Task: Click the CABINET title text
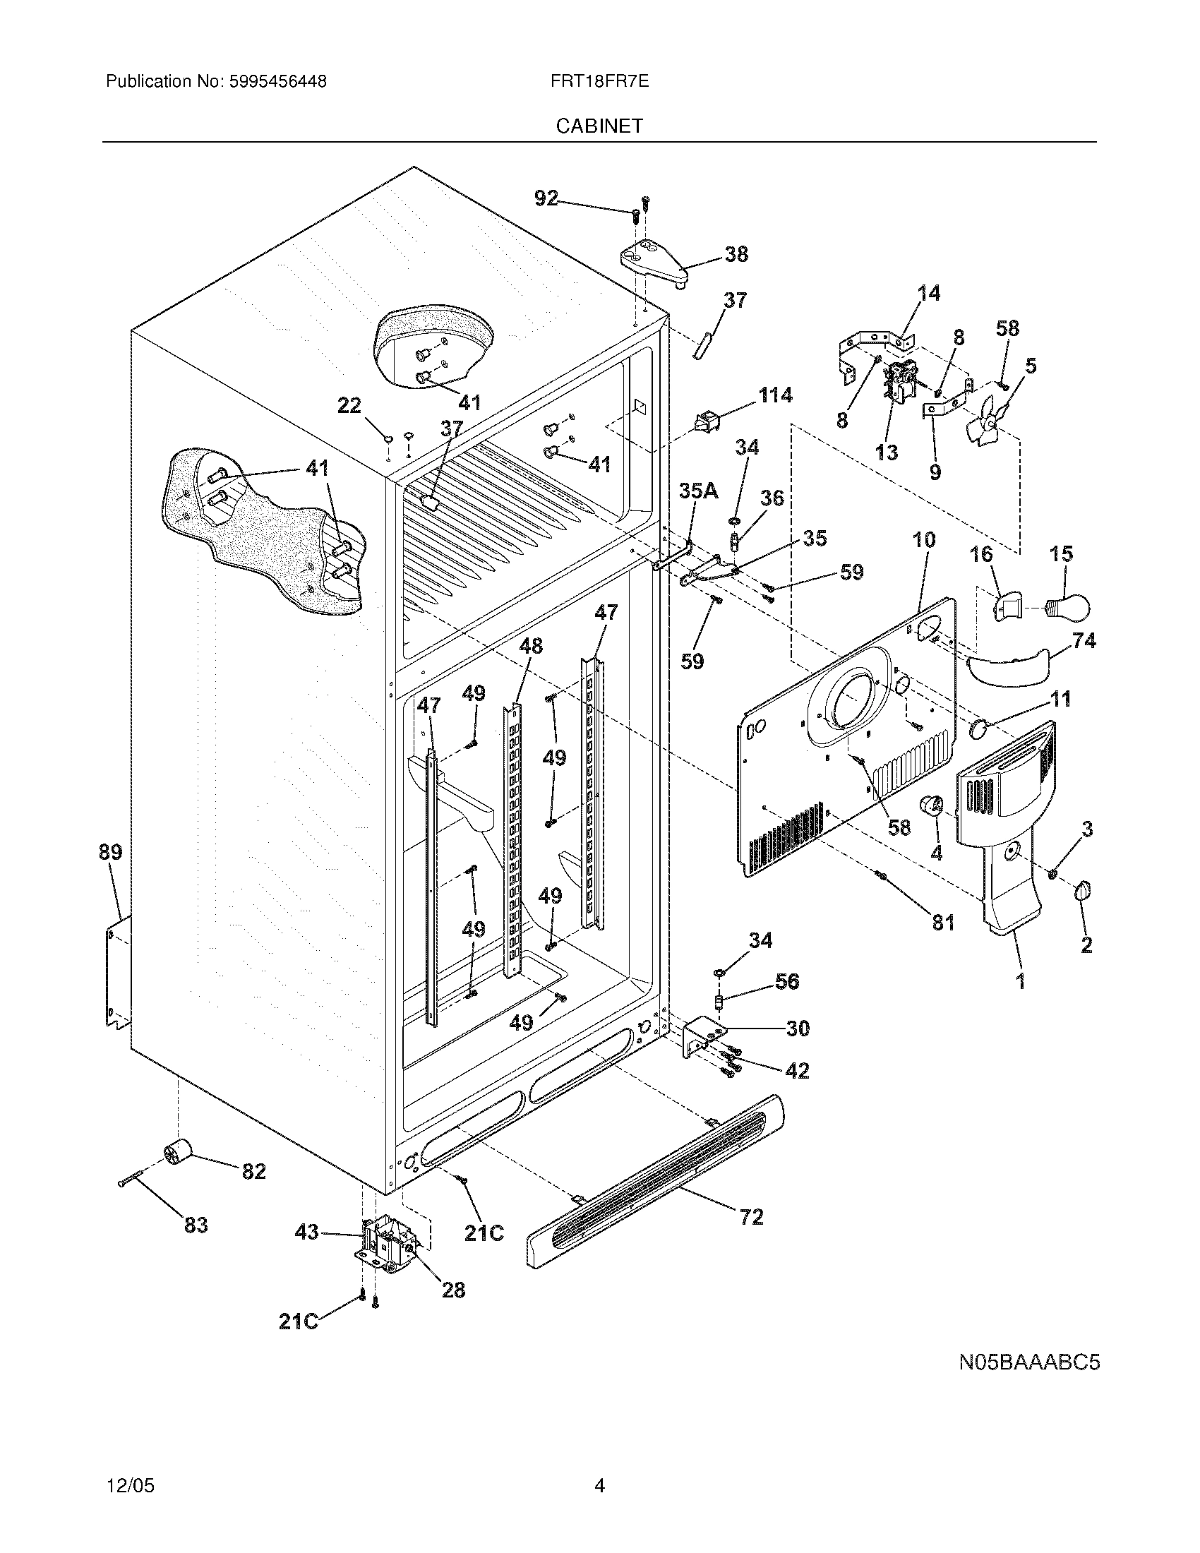pos(599,126)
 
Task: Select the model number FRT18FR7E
pos(599,82)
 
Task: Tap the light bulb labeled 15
pos(1069,606)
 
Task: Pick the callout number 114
pos(775,395)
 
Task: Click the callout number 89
pos(110,851)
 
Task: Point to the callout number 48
pos(530,646)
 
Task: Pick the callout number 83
pos(196,1225)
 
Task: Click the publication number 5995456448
pos(277,82)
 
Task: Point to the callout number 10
pos(923,540)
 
